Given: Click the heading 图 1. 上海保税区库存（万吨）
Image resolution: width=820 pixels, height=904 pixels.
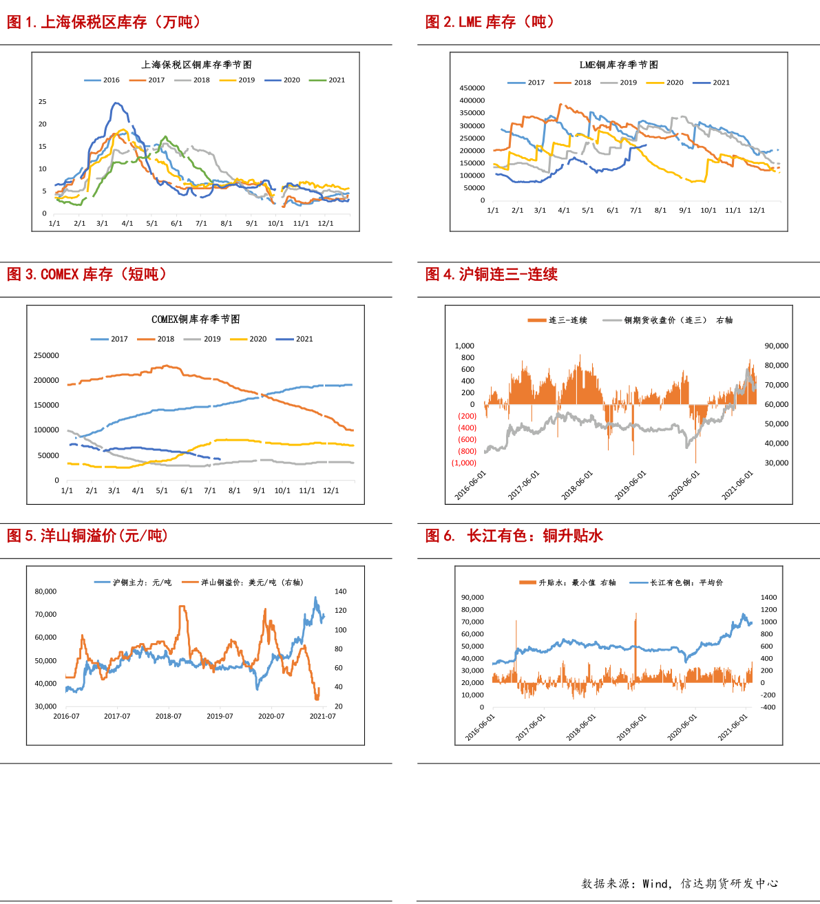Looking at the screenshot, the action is [104, 21].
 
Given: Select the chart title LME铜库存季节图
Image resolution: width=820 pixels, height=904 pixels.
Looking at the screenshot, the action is [618, 65].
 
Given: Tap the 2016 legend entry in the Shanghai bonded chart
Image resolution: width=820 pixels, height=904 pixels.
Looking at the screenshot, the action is [102, 80].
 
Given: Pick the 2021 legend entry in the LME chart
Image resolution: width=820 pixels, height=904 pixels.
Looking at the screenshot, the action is [711, 83].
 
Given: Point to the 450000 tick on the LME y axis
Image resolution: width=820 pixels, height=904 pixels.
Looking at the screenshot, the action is [472, 88].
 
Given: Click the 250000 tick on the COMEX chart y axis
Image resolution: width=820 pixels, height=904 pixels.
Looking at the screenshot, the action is [46, 355].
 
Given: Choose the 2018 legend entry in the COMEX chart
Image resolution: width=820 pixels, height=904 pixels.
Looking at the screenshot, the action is [156, 339].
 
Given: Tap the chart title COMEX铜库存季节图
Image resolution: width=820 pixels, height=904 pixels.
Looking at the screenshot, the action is [196, 319].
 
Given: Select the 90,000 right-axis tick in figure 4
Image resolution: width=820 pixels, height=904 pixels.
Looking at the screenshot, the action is [776, 346].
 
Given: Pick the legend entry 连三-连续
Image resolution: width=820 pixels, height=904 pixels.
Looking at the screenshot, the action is [558, 320].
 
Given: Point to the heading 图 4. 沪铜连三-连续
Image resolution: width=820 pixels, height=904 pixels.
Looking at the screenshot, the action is [492, 274].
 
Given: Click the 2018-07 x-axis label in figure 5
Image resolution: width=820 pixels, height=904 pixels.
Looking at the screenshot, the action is [168, 716].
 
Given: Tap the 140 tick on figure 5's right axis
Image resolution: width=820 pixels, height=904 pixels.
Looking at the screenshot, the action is [340, 591].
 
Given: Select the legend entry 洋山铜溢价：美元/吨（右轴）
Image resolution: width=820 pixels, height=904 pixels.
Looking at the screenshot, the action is [243, 582].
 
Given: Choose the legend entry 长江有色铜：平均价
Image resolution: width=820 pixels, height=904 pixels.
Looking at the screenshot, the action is [676, 582].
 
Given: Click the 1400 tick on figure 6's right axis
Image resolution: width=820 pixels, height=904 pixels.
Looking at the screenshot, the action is [768, 597].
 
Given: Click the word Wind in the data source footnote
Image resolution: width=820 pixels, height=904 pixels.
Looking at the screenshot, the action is [655, 884].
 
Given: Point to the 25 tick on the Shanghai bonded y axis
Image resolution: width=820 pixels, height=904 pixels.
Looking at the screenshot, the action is [43, 101].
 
